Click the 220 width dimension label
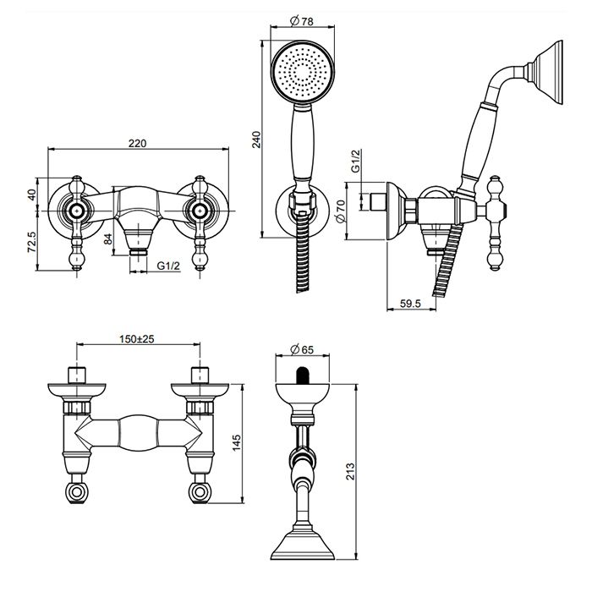137,144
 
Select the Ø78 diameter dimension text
302,21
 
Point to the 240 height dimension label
257,140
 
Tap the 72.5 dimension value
32,242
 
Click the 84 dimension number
108,239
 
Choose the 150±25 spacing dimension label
137,338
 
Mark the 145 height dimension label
236,442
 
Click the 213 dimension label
350,471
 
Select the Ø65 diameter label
302,349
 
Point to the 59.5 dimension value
410,303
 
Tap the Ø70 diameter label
340,211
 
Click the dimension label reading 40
32,195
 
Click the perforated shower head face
303,71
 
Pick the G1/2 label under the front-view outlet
169,266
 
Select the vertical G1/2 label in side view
355,162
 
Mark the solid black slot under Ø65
302,375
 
